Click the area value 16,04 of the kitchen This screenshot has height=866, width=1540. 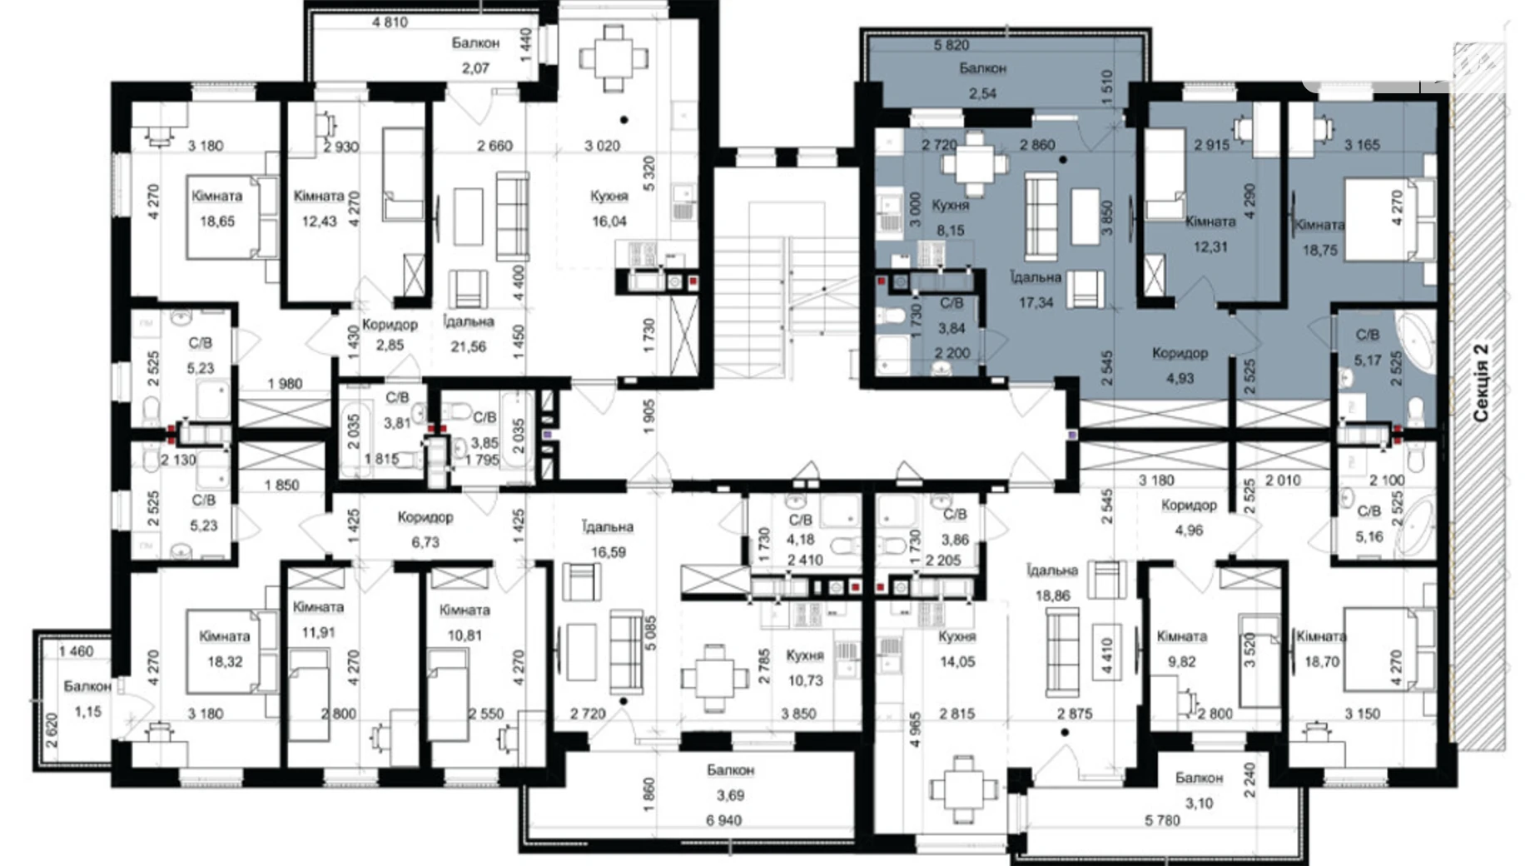(609, 221)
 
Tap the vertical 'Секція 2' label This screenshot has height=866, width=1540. (1481, 382)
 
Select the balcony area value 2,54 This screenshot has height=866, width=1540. (982, 93)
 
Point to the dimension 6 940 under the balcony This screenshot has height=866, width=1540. (723, 820)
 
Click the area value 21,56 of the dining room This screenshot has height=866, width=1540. (468, 346)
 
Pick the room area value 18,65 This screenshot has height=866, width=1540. (217, 221)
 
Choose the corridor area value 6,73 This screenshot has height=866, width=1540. (425, 542)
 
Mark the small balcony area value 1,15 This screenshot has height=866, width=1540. (87, 711)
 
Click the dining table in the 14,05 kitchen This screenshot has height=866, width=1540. (963, 788)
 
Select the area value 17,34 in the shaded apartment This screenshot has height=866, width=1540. (1036, 303)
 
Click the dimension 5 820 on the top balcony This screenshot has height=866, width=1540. (951, 45)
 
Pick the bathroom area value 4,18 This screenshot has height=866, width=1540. (800, 540)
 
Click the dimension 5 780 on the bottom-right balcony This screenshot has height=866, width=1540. (1162, 820)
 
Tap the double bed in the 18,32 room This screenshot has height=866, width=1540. (232, 652)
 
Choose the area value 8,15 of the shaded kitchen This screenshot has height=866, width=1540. (950, 231)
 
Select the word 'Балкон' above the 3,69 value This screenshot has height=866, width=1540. (730, 770)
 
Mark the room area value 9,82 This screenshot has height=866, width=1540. (1180, 661)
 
